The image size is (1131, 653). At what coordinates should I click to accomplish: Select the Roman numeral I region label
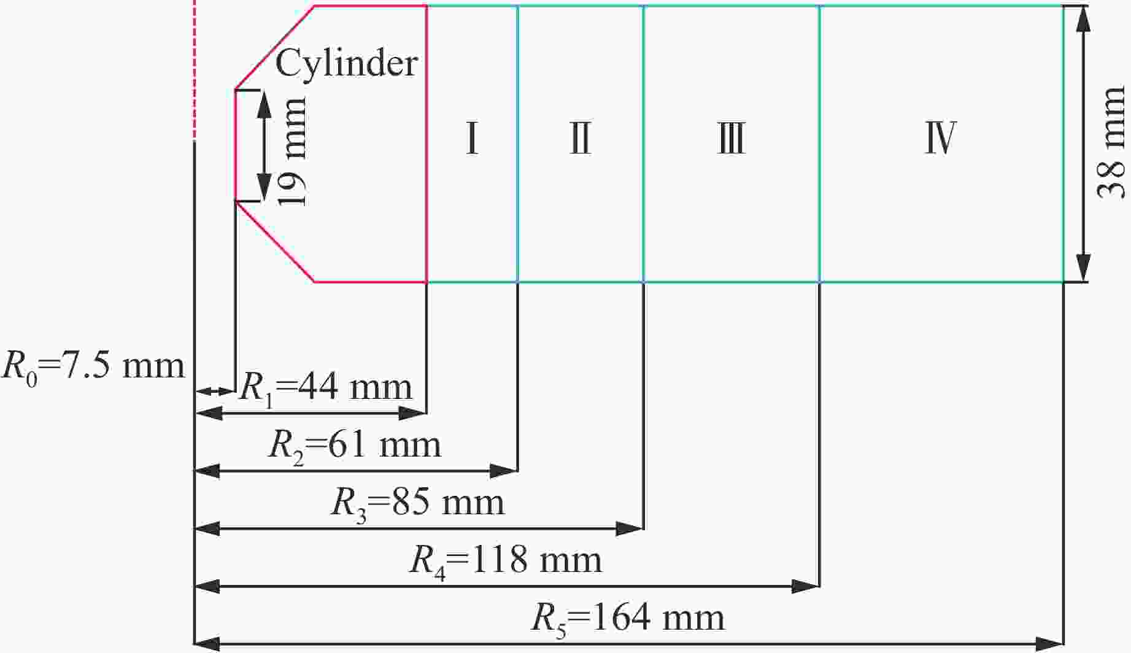click(x=472, y=139)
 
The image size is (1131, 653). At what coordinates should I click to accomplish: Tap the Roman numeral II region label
click(x=580, y=139)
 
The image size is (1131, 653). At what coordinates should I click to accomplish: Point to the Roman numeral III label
click(x=731, y=139)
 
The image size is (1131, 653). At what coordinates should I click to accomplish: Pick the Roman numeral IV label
click(x=940, y=139)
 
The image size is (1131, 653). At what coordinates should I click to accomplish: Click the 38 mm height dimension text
click(x=1111, y=143)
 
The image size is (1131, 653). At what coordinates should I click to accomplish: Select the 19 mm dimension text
click(x=291, y=151)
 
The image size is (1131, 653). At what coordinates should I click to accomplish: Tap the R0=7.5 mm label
click(x=93, y=367)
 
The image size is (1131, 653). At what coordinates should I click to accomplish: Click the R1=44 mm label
click(x=325, y=388)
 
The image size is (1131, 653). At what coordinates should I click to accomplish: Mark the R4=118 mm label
click(x=506, y=560)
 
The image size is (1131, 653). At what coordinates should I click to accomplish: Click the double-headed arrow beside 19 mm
click(x=264, y=145)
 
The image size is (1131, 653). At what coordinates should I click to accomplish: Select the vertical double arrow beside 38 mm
click(x=1084, y=144)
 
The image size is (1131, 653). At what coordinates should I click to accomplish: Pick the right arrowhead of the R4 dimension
click(x=805, y=586)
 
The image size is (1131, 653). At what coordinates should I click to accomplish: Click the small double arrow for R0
click(x=215, y=392)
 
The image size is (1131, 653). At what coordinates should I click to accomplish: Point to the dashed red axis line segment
click(x=194, y=71)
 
